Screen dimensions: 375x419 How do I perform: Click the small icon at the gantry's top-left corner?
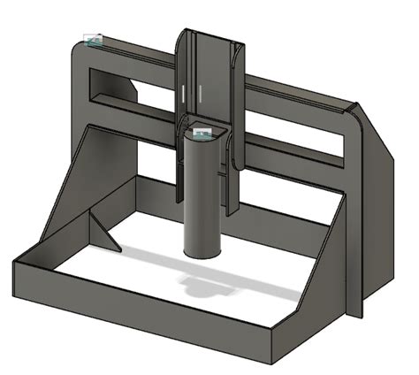coord(93,40)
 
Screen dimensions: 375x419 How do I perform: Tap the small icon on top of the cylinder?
coord(202,134)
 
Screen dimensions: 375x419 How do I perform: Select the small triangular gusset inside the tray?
coord(104,232)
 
